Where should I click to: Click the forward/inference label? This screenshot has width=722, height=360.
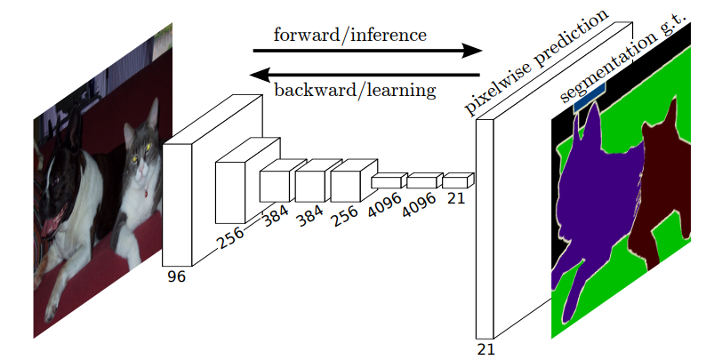350,36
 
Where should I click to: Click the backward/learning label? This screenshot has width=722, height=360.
354,90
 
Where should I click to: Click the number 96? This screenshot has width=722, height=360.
176,277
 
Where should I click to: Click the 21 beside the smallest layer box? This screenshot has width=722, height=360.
456,198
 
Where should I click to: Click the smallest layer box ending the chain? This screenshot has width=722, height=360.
456,181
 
